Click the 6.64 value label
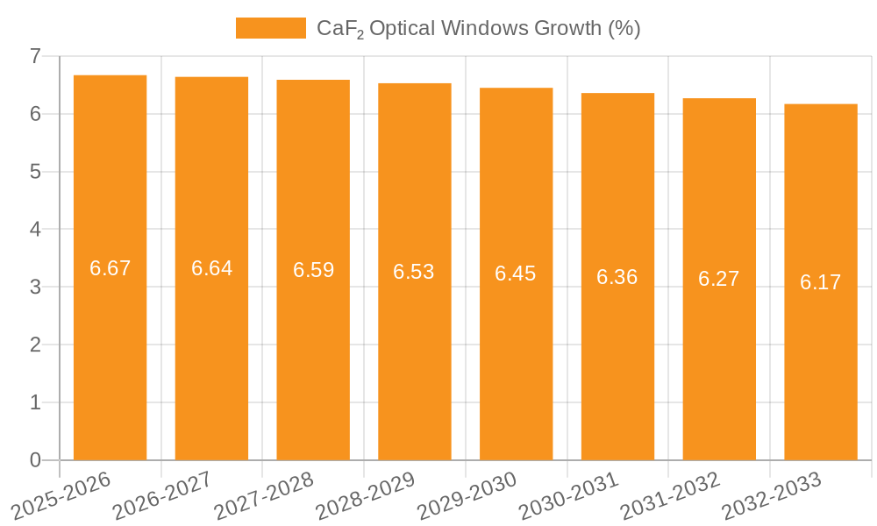pos(211,268)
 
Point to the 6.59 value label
pos(313,270)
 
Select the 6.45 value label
pos(516,274)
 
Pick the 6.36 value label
pos(617,277)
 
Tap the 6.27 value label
pos(719,279)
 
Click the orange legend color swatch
pos(270,28)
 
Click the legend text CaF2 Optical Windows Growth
pos(478,28)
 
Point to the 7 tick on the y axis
pos(35,56)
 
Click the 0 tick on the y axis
pos(35,460)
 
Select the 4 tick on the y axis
pos(35,230)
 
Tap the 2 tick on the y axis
pos(35,345)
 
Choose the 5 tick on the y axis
pos(35,172)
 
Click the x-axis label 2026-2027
pos(163,495)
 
